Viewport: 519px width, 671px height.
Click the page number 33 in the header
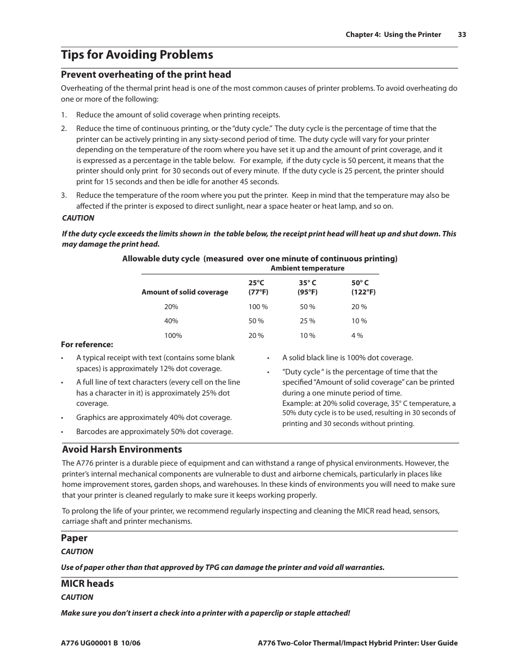pos(462,34)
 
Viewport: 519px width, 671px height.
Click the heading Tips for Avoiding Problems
pos(137,55)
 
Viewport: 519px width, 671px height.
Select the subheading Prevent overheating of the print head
pos(146,74)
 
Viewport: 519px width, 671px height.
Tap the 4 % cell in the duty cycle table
pos(357,336)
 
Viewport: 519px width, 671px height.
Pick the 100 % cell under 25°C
pos(258,306)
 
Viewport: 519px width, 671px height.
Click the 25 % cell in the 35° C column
pos(307,321)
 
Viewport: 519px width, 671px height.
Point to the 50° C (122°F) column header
pos(363,287)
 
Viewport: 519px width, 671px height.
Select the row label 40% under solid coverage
pos(171,321)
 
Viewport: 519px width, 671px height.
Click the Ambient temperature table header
pos(307,268)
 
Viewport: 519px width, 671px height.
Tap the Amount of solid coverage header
pos(185,292)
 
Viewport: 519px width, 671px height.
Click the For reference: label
pos(87,344)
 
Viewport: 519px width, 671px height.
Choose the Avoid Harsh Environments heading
pos(122,449)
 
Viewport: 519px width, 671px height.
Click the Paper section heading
pos(74,538)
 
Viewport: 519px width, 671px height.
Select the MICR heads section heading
pos(88,584)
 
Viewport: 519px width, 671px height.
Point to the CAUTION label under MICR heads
pos(77,597)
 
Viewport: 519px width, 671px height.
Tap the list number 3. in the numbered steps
pos(64,195)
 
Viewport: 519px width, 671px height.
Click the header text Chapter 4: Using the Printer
pos(393,34)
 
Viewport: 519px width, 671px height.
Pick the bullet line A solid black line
pos(347,358)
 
